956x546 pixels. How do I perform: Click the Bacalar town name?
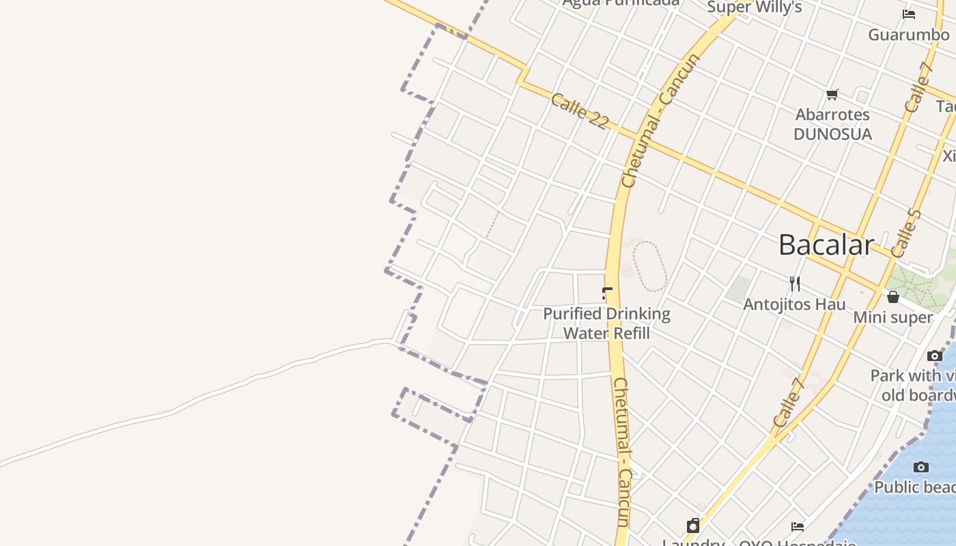pyautogui.click(x=826, y=245)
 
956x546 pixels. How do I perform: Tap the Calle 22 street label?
pyautogui.click(x=579, y=111)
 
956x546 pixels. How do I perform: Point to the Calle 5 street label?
pyautogui.click(x=906, y=233)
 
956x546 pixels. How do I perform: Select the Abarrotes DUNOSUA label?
pyautogui.click(x=832, y=124)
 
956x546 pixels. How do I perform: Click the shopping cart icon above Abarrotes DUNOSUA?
pyautogui.click(x=832, y=95)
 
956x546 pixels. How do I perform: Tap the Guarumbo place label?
pyautogui.click(x=908, y=34)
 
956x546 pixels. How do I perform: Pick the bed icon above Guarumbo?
pyautogui.click(x=908, y=14)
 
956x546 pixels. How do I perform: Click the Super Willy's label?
pyautogui.click(x=754, y=8)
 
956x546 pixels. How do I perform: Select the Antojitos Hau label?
pyautogui.click(x=794, y=304)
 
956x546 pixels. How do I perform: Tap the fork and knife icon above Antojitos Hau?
pyautogui.click(x=794, y=283)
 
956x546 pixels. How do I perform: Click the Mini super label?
pyautogui.click(x=892, y=317)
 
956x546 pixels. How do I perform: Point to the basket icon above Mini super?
pyautogui.click(x=892, y=297)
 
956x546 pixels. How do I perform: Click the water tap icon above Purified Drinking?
pyautogui.click(x=607, y=294)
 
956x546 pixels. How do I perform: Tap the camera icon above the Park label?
pyautogui.click(x=935, y=356)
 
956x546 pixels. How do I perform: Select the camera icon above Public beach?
pyautogui.click(x=921, y=468)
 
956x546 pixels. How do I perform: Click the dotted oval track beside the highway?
pyautogui.click(x=649, y=266)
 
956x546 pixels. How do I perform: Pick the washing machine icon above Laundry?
pyautogui.click(x=693, y=526)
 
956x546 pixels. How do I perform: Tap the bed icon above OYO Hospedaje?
pyautogui.click(x=797, y=526)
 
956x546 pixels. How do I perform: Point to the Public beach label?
pyautogui.click(x=915, y=487)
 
